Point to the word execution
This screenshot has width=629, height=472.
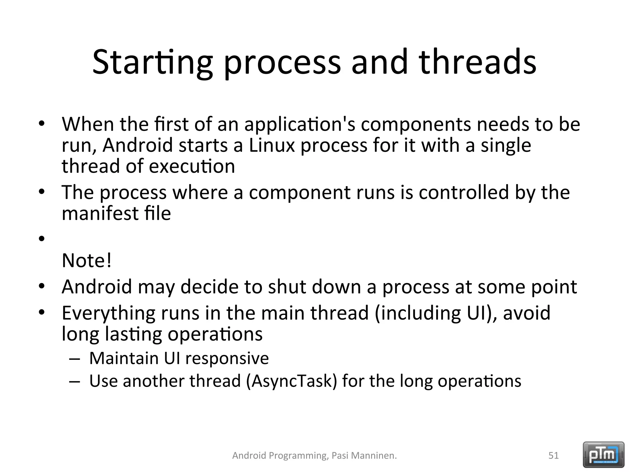coord(192,166)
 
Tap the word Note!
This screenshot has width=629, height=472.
coord(87,261)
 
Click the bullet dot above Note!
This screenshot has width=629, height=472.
coord(42,238)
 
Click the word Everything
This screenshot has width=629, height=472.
coord(108,313)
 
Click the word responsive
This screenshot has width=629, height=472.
coord(227,358)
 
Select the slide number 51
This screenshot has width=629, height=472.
coord(553,455)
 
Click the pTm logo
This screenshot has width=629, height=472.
coord(604,454)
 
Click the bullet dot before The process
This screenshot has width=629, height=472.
coord(42,192)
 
